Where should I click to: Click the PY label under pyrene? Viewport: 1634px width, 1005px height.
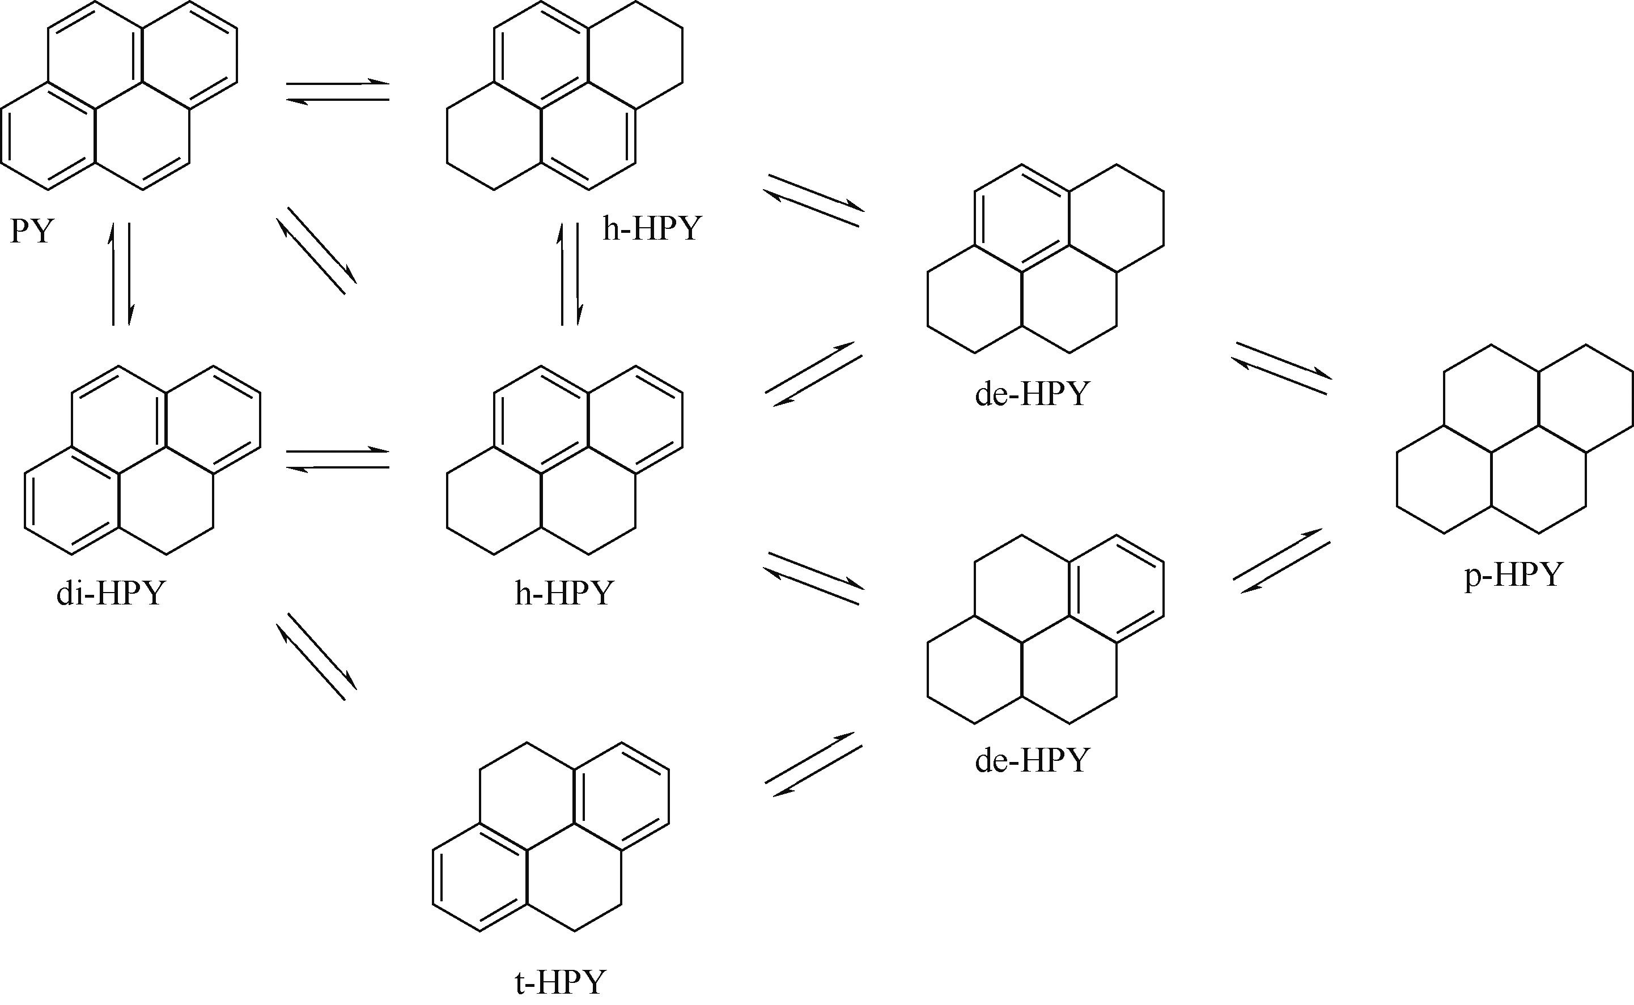coord(31,231)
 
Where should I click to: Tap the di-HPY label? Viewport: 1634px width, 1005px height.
coord(111,593)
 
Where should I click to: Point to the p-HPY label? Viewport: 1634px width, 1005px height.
coord(1513,574)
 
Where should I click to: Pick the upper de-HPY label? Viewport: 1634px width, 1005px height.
coord(1033,394)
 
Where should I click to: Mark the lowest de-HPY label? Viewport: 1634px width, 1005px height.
coord(1033,760)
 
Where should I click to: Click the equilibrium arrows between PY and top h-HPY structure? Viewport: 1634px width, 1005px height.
coord(338,92)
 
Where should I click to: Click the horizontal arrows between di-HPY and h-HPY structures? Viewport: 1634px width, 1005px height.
coord(338,459)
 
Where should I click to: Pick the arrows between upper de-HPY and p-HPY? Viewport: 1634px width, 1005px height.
coord(1281,368)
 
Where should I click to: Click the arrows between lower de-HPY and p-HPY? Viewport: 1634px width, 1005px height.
coord(1281,561)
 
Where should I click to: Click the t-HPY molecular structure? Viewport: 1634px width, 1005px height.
coord(551,837)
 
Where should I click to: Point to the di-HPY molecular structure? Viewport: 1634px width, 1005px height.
coord(142,460)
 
